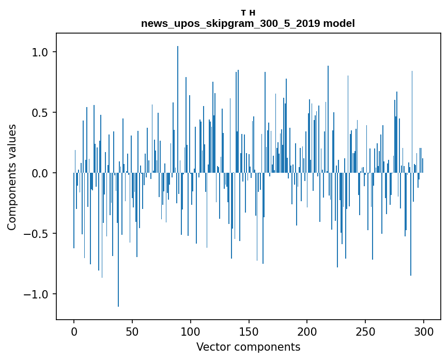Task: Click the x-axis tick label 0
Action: click(x=74, y=332)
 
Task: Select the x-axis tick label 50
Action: click(x=132, y=332)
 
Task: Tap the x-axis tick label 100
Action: click(x=191, y=332)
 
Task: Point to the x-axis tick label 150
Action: click(x=249, y=332)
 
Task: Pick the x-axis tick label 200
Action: click(x=307, y=332)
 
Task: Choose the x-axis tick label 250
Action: click(x=365, y=332)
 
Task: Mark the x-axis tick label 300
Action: click(x=424, y=332)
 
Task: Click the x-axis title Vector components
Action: click(x=248, y=347)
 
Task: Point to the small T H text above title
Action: click(x=248, y=13)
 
